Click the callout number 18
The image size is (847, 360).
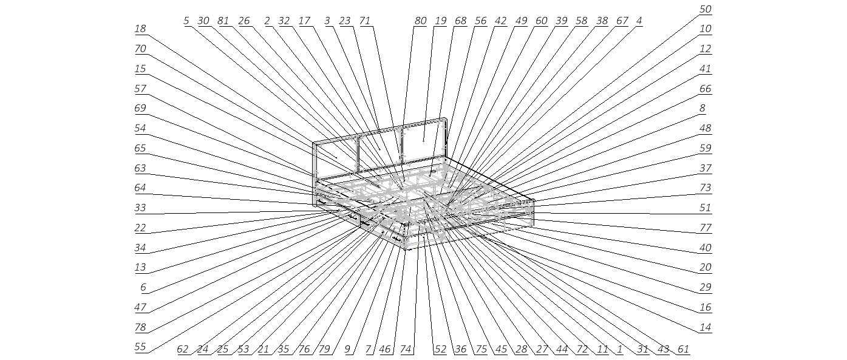140,29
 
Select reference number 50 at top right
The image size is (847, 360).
705,9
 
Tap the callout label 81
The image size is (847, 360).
223,21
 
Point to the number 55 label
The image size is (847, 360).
140,347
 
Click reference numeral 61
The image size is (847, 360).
683,349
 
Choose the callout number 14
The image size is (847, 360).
705,327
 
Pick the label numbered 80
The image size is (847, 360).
421,21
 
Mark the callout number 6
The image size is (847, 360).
143,287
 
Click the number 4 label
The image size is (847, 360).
639,21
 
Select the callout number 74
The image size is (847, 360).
406,349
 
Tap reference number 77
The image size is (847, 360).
705,228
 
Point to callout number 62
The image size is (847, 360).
183,349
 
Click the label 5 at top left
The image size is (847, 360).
186,21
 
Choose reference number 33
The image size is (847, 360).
140,208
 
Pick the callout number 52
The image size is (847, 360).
440,349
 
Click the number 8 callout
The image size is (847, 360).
702,109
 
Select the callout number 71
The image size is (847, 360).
364,21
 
